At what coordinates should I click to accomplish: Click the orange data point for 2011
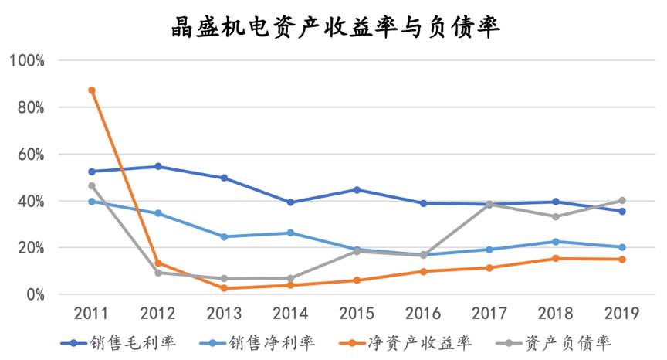[92, 90]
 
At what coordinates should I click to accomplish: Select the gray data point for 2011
[92, 185]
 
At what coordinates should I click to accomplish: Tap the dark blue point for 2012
[158, 166]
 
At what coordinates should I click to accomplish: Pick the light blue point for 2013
[225, 236]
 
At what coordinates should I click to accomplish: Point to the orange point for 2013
[225, 288]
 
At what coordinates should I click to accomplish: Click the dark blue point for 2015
[357, 189]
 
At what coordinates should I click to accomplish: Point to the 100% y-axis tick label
[27, 60]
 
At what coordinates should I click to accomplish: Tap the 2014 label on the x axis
[291, 313]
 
